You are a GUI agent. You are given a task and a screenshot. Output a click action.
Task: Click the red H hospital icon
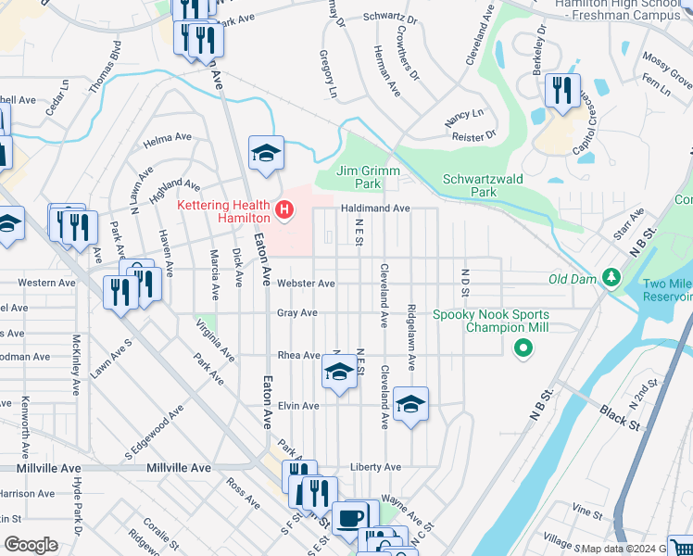284,211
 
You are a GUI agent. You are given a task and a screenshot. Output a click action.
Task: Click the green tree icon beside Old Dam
611,277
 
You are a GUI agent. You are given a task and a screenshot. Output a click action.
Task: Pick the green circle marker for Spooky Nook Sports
523,348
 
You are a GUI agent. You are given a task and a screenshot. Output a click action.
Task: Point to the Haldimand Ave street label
374,208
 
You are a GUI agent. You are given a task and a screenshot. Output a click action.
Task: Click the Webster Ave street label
306,284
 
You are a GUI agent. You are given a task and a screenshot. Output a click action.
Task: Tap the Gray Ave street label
296,313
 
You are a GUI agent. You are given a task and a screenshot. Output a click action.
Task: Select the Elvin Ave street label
298,406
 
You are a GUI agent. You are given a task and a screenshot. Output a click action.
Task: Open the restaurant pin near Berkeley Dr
561,91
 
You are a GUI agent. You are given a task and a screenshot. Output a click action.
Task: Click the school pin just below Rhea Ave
339,373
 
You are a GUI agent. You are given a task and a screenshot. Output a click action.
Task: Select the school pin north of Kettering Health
266,154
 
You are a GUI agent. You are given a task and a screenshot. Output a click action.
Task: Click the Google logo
31,545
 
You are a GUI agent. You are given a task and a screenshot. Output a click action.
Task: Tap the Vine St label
586,510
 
